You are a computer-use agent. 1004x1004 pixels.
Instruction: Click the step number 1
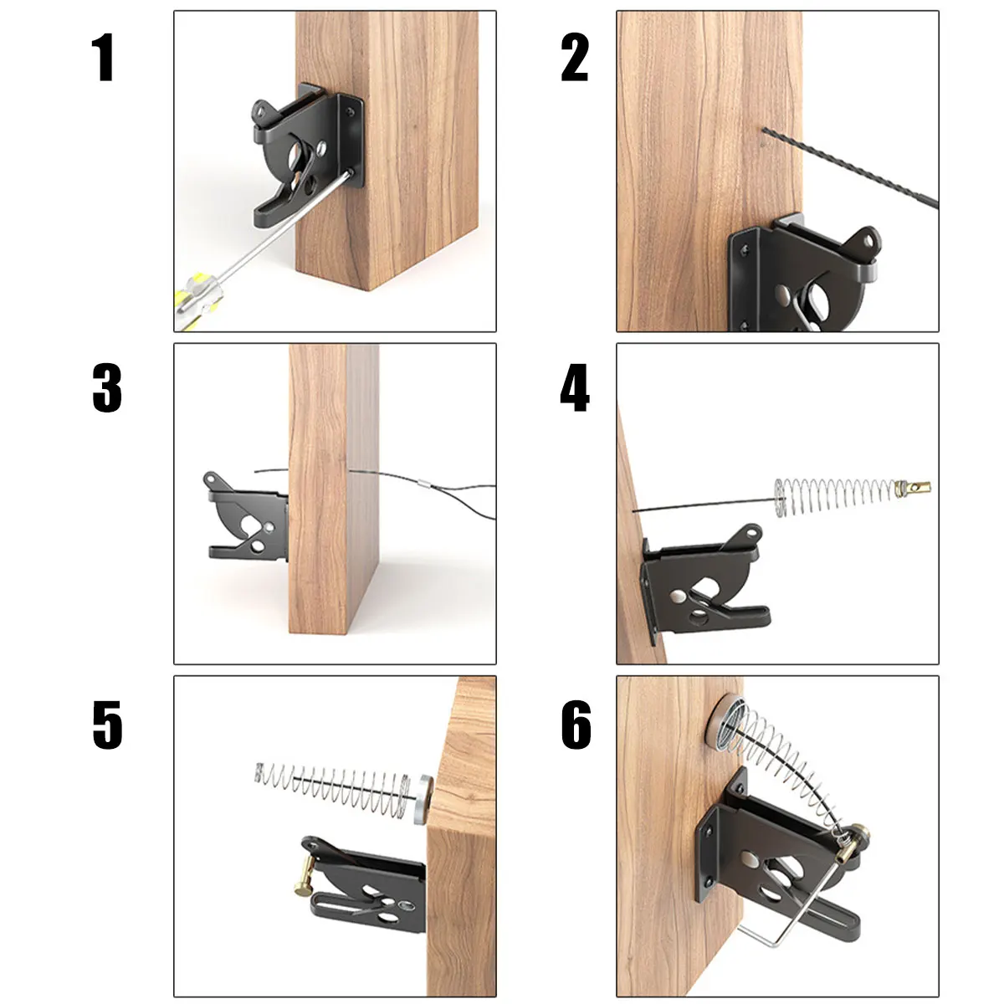[x=103, y=58]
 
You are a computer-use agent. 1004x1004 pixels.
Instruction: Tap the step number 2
[x=575, y=58]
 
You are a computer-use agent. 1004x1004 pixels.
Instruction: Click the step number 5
[x=107, y=725]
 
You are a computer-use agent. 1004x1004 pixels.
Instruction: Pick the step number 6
[x=576, y=725]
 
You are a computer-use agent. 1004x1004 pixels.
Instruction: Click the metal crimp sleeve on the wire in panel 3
[x=425, y=483]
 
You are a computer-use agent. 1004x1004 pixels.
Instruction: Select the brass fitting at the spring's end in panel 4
[x=912, y=486]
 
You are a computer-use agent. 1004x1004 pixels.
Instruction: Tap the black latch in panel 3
[x=247, y=519]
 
